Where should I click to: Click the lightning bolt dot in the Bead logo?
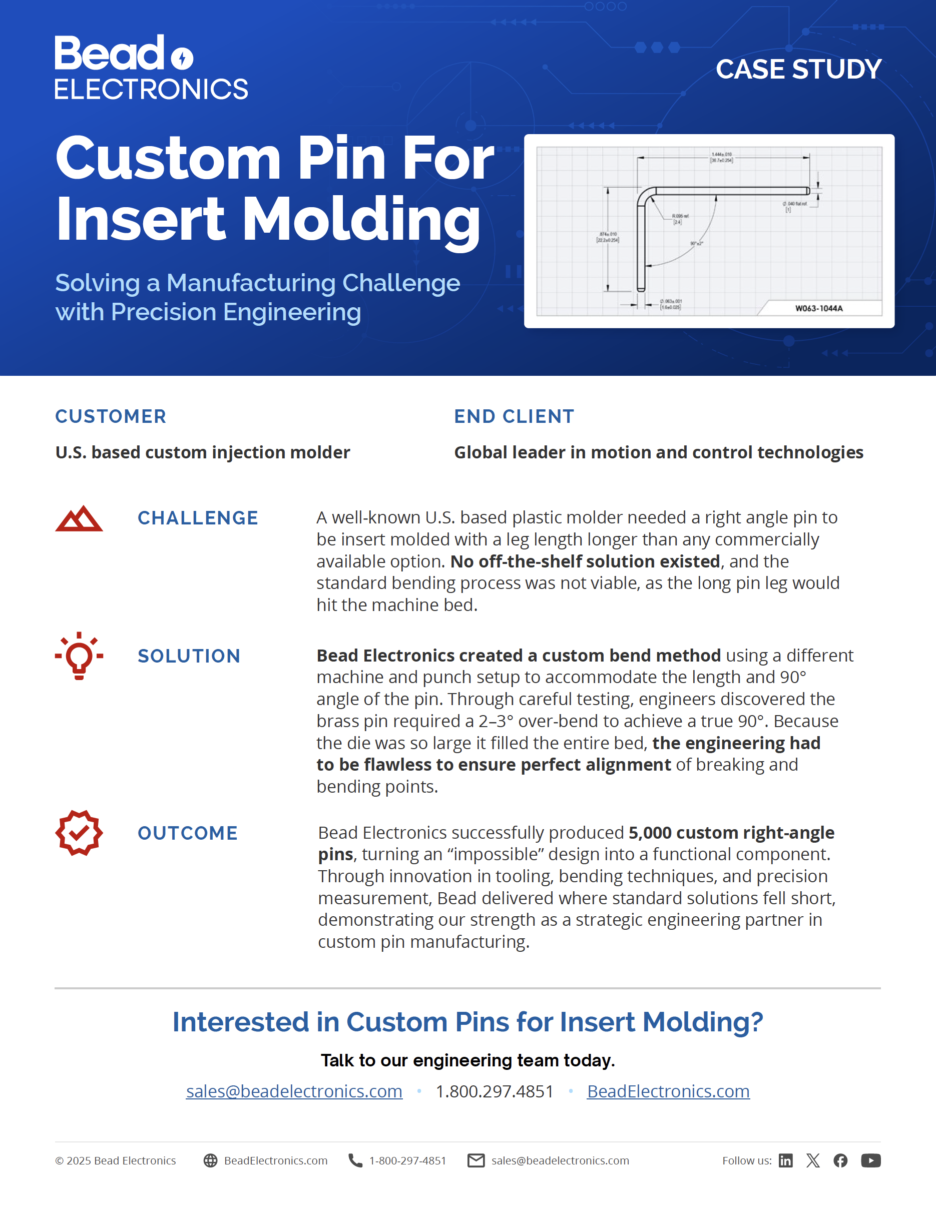point(182,58)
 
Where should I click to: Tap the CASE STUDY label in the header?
point(798,70)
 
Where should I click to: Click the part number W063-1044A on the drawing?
point(818,308)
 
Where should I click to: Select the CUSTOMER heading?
point(110,416)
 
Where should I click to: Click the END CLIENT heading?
point(514,416)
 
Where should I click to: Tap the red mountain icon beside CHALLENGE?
point(79,518)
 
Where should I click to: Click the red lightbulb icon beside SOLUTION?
point(79,656)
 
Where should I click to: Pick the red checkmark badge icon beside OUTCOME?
point(79,833)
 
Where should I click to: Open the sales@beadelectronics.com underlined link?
point(294,1091)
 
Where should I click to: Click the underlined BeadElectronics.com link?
point(668,1091)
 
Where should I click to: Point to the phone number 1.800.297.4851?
point(494,1091)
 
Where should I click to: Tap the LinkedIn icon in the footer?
point(785,1160)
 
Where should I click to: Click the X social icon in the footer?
point(813,1160)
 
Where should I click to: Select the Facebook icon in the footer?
point(840,1160)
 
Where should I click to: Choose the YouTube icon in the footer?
point(870,1160)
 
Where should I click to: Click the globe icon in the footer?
point(210,1160)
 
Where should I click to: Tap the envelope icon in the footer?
point(476,1160)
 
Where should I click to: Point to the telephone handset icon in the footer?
point(355,1160)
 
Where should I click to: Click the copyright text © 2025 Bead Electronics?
point(115,1160)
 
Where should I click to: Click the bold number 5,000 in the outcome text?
point(649,833)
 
